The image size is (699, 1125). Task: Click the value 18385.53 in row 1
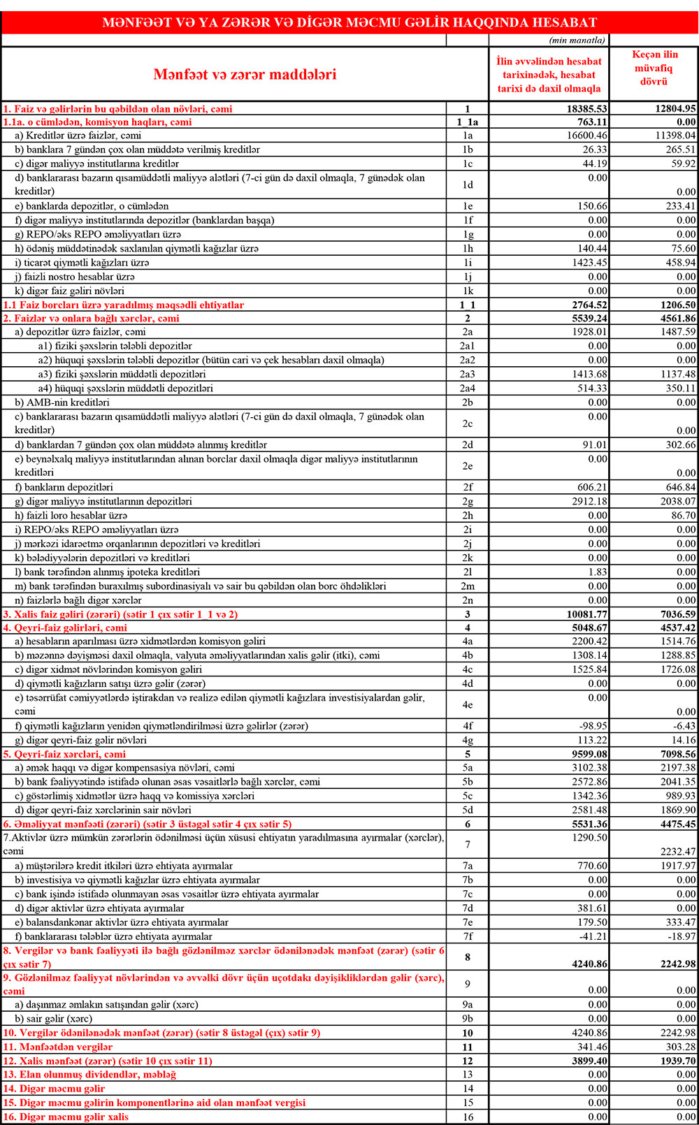pyautogui.click(x=587, y=109)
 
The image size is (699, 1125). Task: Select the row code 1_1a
pyautogui.click(x=467, y=122)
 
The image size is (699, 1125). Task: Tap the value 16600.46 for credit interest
pyautogui.click(x=587, y=136)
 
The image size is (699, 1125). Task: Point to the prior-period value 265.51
pyautogui.click(x=676, y=150)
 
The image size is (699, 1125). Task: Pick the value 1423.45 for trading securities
pyautogui.click(x=587, y=263)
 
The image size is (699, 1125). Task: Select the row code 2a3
pyautogui.click(x=467, y=375)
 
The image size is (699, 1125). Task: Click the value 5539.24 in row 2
pyautogui.click(x=587, y=319)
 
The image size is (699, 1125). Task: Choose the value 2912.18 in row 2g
pyautogui.click(x=587, y=502)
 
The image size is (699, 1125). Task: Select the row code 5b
pyautogui.click(x=467, y=782)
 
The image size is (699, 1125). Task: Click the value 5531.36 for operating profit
pyautogui.click(x=587, y=825)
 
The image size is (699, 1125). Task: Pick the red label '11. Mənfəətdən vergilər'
pyautogui.click(x=58, y=1047)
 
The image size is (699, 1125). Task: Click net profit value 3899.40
pyautogui.click(x=587, y=1061)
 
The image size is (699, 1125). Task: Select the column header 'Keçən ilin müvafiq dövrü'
pyautogui.click(x=654, y=68)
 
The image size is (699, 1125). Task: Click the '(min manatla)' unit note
pyautogui.click(x=577, y=41)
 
